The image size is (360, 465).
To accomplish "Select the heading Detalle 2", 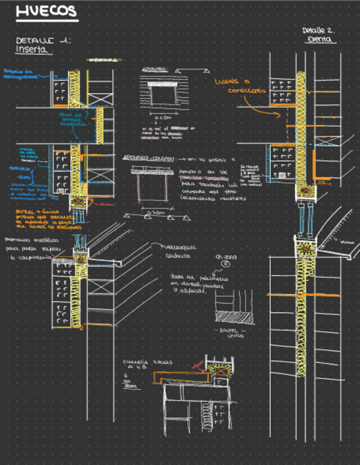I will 318,31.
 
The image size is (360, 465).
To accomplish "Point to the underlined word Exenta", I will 319,41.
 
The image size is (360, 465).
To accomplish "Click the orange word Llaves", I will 225,82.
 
